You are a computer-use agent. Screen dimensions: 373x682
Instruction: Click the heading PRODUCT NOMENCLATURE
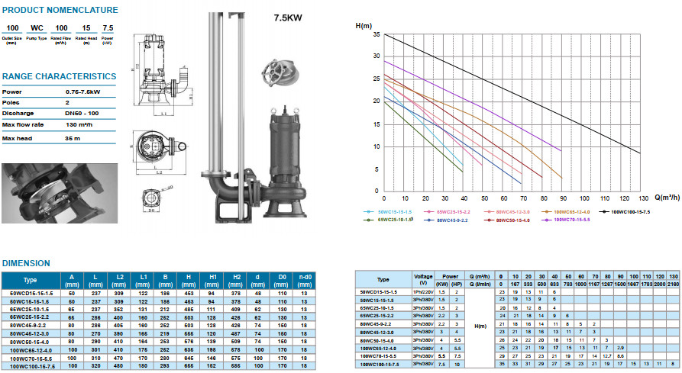[60, 11]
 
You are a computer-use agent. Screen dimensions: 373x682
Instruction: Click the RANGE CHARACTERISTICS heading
[59, 76]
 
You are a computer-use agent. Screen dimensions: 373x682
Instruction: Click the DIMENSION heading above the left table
[26, 263]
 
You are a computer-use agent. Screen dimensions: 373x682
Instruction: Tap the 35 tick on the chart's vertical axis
[376, 34]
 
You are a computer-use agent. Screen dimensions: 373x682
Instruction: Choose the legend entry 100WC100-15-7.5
[630, 211]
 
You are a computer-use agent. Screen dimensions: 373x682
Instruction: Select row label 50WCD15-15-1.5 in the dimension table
[30, 291]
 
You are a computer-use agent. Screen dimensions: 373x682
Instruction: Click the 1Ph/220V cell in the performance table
[423, 291]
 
